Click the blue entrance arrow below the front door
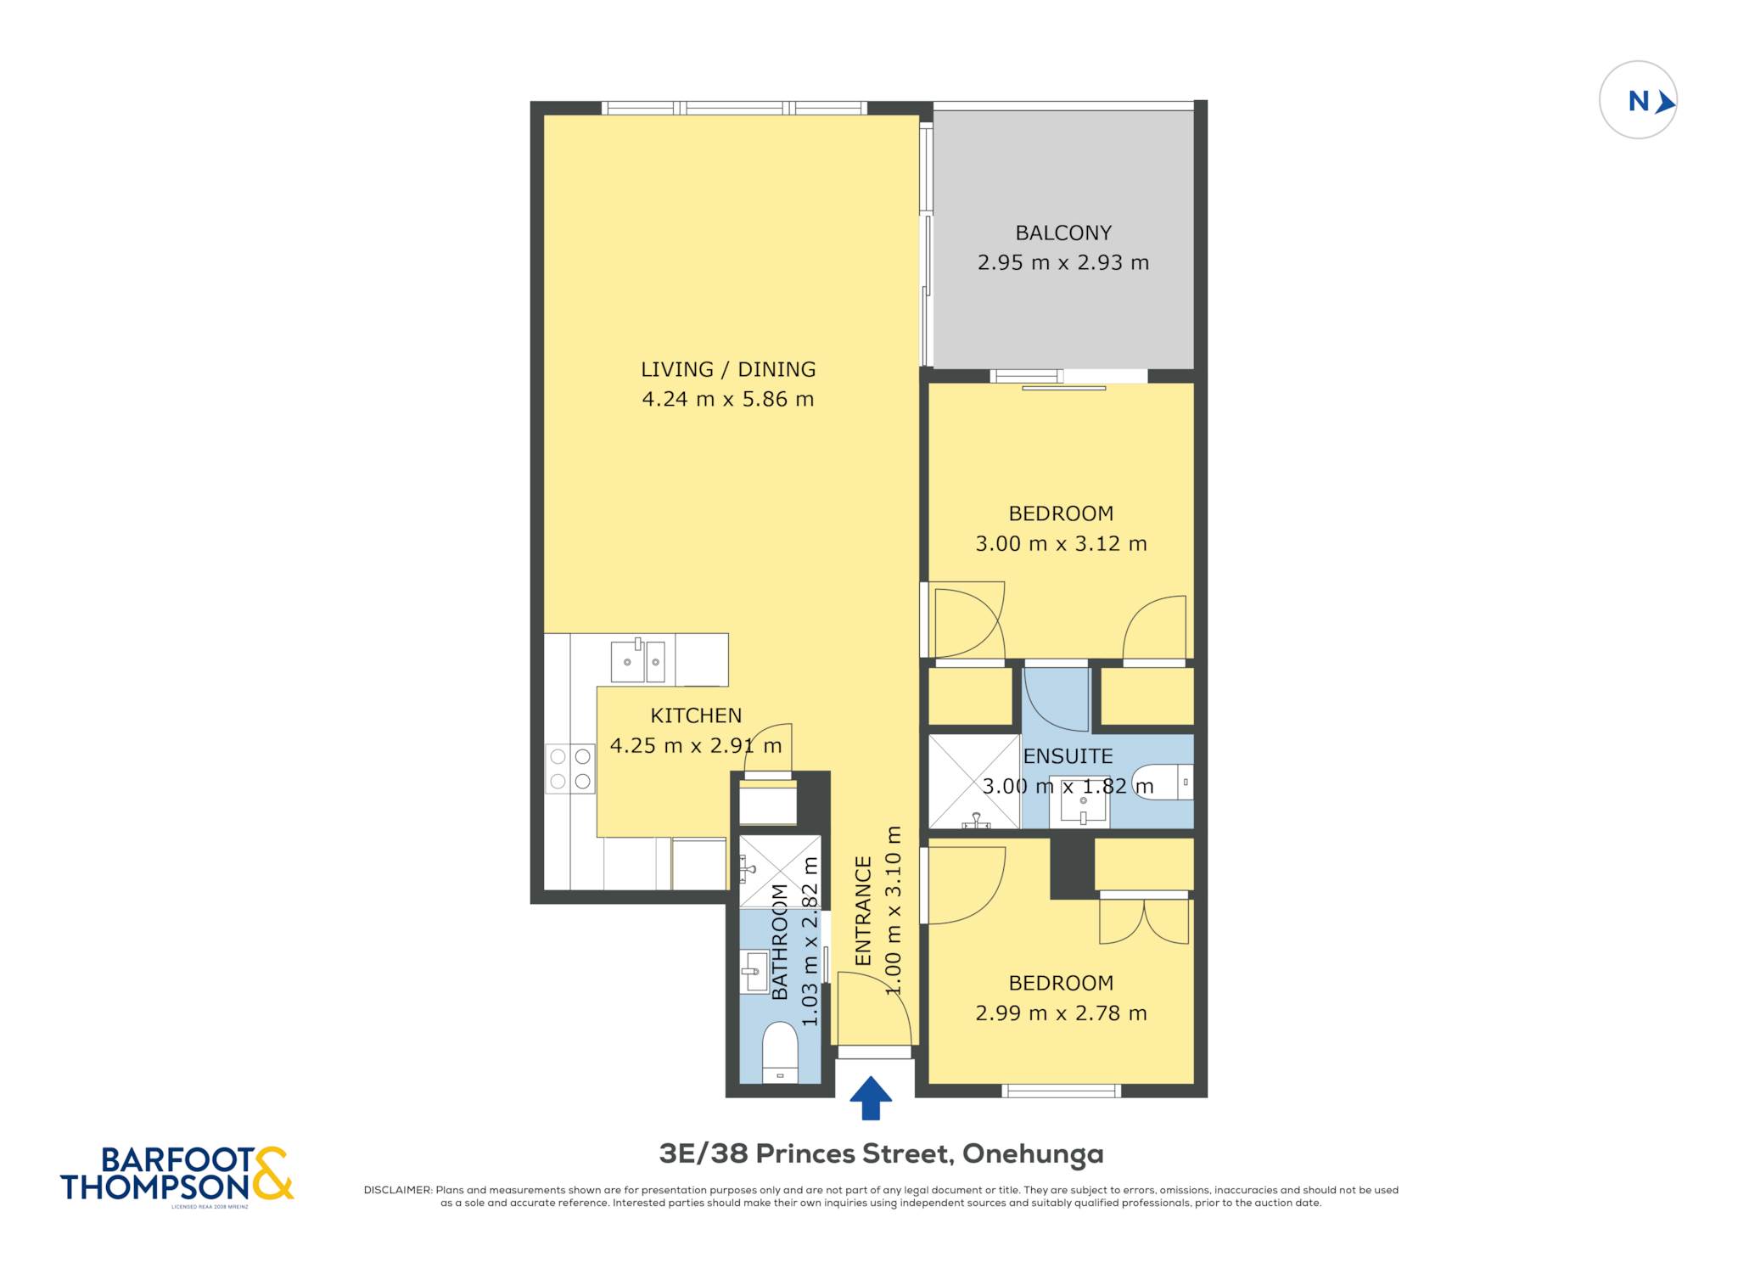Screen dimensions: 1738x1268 (x=871, y=1098)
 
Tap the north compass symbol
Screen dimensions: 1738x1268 (x=1638, y=100)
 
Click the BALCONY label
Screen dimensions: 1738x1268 (x=1063, y=233)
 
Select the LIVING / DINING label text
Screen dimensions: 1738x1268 (x=728, y=369)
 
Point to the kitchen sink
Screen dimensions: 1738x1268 (x=638, y=661)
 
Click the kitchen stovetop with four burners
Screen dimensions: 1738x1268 (x=570, y=769)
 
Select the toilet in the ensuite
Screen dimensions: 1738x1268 (x=1163, y=783)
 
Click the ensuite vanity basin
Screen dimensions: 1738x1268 (x=1083, y=802)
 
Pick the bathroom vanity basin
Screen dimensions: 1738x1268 (x=754, y=971)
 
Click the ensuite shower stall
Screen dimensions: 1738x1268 (x=974, y=782)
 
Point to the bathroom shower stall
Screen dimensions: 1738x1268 (x=780, y=872)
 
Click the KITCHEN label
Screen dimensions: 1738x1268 (x=696, y=715)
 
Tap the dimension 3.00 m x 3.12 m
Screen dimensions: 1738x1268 (x=1062, y=543)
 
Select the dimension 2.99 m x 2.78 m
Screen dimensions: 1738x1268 (x=1062, y=1013)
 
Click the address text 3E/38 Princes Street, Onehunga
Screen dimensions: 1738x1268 (x=882, y=1153)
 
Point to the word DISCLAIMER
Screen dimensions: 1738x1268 (x=398, y=1190)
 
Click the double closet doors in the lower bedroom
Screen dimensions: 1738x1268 (x=1144, y=920)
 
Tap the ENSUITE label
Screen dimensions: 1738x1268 (x=1068, y=756)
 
